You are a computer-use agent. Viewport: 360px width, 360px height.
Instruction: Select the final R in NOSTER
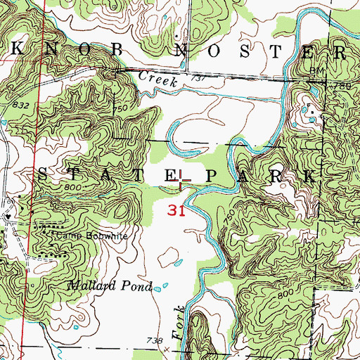pos(340,51)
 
